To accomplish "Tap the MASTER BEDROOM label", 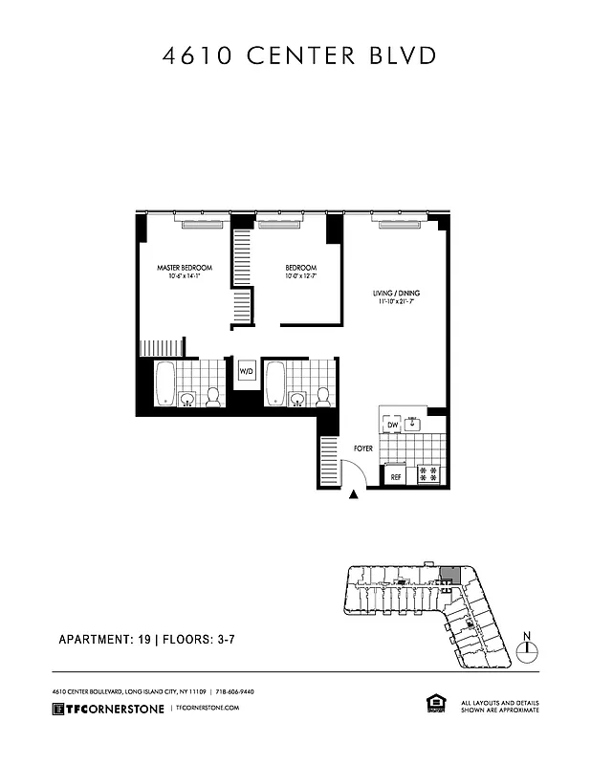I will click(185, 267).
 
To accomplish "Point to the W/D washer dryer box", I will click(246, 371).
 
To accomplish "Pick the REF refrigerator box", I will click(395, 475).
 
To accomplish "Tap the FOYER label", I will click(363, 447).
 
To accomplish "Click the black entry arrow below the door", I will click(356, 494).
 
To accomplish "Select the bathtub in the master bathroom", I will click(164, 383).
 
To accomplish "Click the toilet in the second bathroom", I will click(323, 395).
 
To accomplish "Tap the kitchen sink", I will click(413, 422).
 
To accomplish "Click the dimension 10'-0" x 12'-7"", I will click(300, 277).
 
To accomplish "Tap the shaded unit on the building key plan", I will click(449, 576).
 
